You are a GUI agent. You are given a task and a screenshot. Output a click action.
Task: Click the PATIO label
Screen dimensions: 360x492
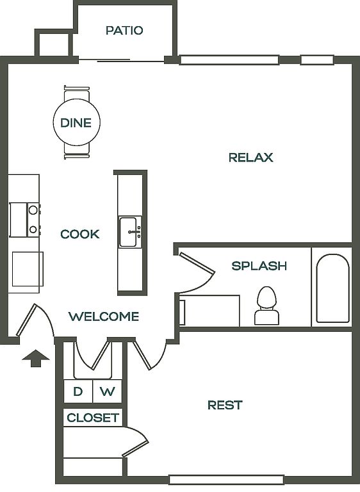[x=124, y=31]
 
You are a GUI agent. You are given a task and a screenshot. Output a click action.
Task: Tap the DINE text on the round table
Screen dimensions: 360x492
[x=76, y=123]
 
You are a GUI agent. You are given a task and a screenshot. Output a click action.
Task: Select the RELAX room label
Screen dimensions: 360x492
[x=250, y=157]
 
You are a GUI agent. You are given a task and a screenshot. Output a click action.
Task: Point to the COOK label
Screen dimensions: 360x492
[x=80, y=234]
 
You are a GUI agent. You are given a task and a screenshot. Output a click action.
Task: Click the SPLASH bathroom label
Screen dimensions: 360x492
[x=259, y=266]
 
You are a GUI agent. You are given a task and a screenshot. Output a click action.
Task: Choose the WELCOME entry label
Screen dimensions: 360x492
[x=104, y=316]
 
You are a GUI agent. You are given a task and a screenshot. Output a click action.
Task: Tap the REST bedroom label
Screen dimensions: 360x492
[x=225, y=405]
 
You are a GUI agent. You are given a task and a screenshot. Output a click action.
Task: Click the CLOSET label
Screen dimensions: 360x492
[x=93, y=418]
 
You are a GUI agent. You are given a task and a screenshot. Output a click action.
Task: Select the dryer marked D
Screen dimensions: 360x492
[x=78, y=391]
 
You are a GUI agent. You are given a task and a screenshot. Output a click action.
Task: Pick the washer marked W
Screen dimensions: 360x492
[x=108, y=391]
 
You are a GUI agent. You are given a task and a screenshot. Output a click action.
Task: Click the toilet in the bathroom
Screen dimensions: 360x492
[x=266, y=306]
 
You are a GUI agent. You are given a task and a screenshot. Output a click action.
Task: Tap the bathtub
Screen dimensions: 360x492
[x=332, y=288]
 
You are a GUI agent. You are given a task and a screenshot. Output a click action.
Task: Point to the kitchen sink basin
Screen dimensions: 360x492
[x=128, y=232]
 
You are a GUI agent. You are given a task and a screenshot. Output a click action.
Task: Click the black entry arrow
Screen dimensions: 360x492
[x=36, y=358]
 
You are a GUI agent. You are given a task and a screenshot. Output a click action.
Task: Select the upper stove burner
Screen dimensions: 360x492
[x=33, y=210]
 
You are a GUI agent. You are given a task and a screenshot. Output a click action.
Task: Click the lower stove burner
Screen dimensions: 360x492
[x=33, y=230]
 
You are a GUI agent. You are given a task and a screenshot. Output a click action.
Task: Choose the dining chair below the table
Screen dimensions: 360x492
[x=77, y=152]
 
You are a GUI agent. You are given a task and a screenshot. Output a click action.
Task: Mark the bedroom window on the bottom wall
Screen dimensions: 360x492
[x=227, y=480]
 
